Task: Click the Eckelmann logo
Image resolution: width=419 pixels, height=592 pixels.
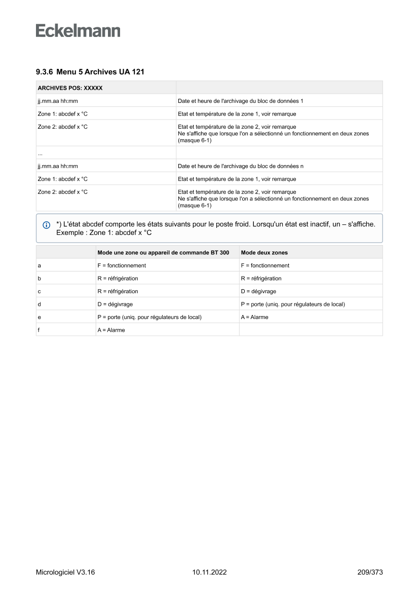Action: (x=78, y=31)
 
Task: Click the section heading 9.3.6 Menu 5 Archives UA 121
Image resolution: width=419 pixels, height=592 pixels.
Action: (x=90, y=72)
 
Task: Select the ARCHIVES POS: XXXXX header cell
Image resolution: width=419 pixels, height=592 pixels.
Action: (x=70, y=88)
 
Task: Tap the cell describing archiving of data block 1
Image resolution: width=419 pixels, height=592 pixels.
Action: (x=240, y=101)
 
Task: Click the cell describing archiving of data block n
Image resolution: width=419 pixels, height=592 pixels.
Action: (x=241, y=166)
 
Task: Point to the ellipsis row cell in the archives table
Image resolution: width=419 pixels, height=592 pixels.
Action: (x=40, y=153)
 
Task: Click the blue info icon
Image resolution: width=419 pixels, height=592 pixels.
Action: (x=47, y=224)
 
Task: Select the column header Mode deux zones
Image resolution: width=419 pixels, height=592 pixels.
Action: (x=264, y=252)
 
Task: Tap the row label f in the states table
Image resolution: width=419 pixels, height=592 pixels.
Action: (x=39, y=330)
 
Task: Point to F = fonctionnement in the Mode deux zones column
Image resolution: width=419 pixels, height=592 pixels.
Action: (x=265, y=265)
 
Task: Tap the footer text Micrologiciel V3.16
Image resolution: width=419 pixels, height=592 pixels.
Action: (x=65, y=572)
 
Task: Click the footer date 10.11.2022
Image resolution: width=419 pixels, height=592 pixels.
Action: (x=209, y=572)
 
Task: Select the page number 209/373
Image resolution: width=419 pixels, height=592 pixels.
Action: (x=370, y=572)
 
